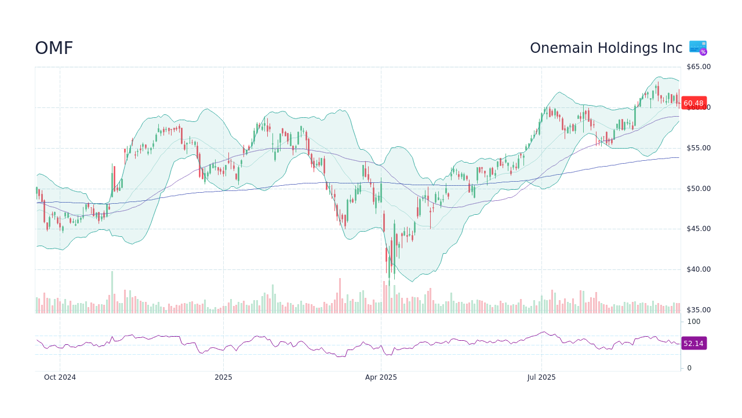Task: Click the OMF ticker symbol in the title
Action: pos(54,48)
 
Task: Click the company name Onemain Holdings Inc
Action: pos(606,48)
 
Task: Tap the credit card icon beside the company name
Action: pos(698,48)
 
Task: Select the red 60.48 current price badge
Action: pos(693,103)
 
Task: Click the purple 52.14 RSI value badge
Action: pos(693,343)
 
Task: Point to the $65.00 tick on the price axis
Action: pos(699,67)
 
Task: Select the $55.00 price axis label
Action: pos(699,148)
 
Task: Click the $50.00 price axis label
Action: pos(699,189)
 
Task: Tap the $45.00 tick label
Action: pos(699,229)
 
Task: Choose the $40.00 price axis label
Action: pos(699,269)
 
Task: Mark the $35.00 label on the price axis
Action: pos(699,310)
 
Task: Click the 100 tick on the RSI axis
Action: pos(694,322)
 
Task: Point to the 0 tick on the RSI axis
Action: pos(689,368)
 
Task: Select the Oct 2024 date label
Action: pos(60,377)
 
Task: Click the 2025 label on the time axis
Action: pos(223,377)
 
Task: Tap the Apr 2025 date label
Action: pos(381,377)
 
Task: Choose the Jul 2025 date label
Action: pos(541,377)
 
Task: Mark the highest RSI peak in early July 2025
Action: pos(543,332)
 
